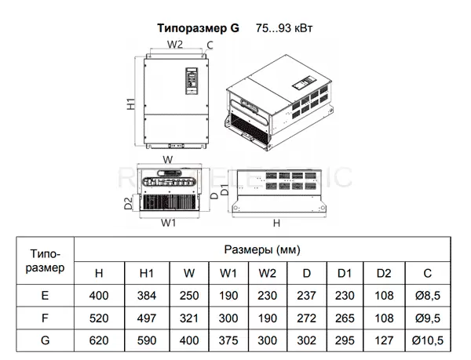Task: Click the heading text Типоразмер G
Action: coord(199,28)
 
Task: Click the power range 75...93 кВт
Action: coord(284,28)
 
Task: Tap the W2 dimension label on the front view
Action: coord(175,45)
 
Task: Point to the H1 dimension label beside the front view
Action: coord(131,104)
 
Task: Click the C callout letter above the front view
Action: coord(210,45)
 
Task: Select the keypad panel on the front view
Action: coord(192,81)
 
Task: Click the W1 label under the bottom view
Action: coord(168,223)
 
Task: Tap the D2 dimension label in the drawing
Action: coord(128,203)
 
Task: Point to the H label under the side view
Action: coord(276,224)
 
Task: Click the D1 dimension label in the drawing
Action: coord(225,191)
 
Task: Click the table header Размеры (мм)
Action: coord(262,249)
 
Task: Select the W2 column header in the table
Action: coord(268,273)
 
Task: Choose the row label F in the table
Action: coord(45,318)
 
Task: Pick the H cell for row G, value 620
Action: coord(99,340)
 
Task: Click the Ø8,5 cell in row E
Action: coord(428,296)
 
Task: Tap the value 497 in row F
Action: coord(147,318)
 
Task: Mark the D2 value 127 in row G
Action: coord(384,340)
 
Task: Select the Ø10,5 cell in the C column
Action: coord(428,340)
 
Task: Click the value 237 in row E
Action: coord(306,296)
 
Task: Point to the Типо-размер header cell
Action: coord(45,260)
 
